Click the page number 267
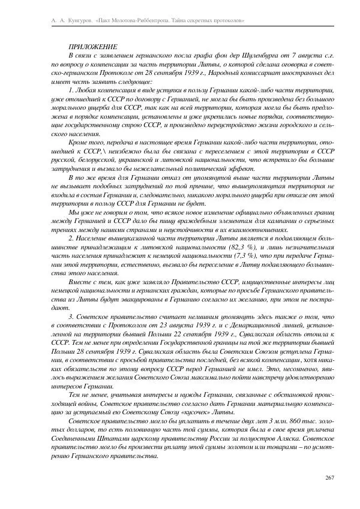(329, 477)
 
